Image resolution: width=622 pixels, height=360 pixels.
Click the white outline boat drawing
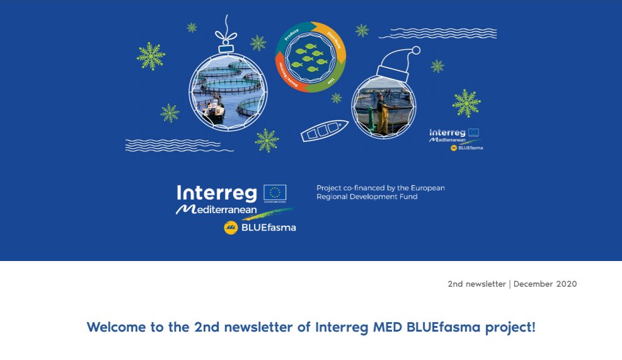coord(324,131)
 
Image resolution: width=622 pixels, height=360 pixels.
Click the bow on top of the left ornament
coord(227,37)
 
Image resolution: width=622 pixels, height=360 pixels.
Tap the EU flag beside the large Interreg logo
coord(275,193)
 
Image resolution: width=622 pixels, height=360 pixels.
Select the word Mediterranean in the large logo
coord(216,209)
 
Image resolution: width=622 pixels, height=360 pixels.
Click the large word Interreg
coord(217,192)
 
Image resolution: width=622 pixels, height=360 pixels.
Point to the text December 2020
coord(545,284)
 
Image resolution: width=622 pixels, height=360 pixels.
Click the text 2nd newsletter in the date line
coord(476,284)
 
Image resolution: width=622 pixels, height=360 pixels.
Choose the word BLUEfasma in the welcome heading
coord(437,327)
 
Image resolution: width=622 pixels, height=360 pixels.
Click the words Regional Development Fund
coord(367,197)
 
